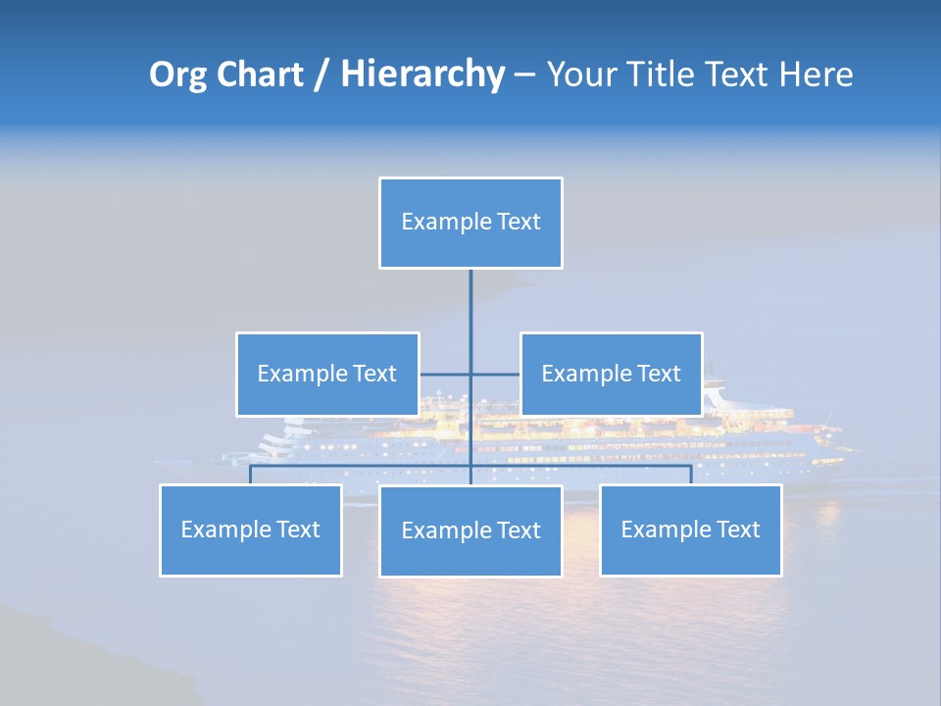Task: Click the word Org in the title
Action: click(x=176, y=75)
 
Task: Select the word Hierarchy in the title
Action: click(x=422, y=75)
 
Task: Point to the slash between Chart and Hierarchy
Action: click(x=322, y=75)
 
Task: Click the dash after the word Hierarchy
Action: click(x=524, y=75)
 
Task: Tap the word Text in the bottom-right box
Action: click(x=738, y=529)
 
